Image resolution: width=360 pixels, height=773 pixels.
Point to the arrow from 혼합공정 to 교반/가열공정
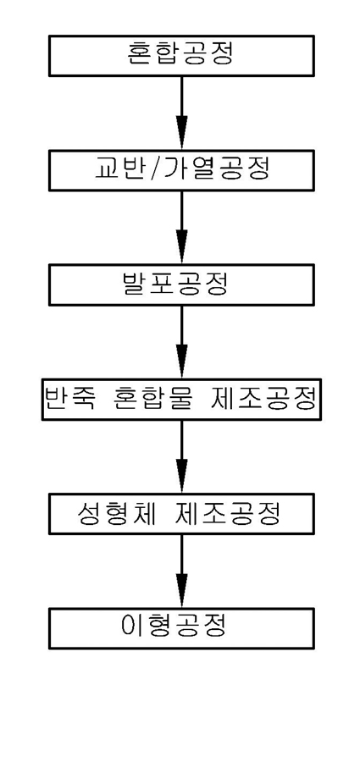click(x=182, y=113)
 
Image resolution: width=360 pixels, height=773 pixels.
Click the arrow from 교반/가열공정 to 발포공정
click(x=182, y=227)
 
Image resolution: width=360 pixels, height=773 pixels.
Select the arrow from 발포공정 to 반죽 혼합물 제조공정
click(x=182, y=342)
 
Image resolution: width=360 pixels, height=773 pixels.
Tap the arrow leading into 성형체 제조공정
click(x=182, y=456)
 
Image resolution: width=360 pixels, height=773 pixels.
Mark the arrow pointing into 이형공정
click(x=182, y=571)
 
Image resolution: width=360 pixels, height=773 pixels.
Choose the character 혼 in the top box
click(x=140, y=56)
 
